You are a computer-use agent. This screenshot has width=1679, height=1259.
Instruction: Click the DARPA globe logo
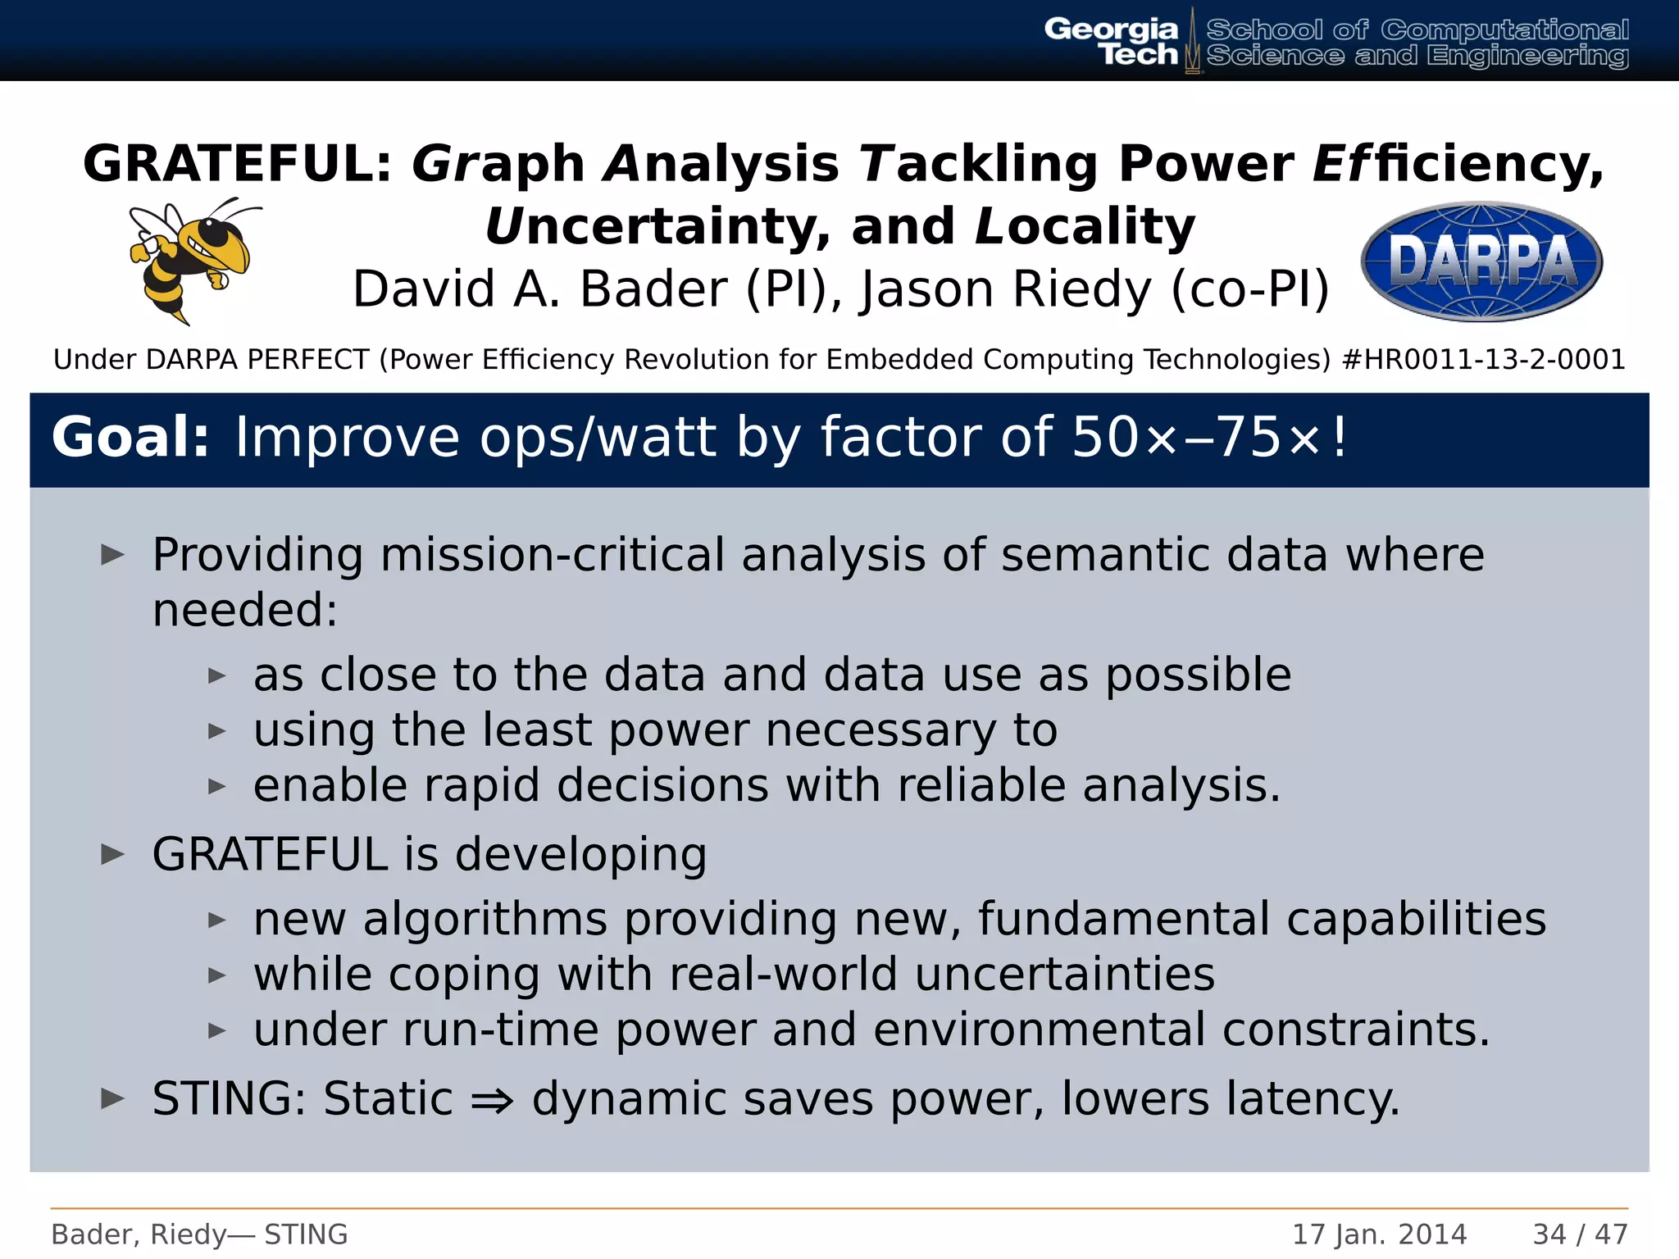point(1481,261)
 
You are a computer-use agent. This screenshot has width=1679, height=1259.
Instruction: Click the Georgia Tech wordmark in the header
point(1113,42)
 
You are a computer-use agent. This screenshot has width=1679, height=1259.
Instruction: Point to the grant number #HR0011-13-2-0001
point(1483,360)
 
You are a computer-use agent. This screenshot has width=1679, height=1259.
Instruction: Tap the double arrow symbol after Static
point(492,1100)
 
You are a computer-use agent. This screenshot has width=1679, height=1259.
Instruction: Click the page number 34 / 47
point(1580,1234)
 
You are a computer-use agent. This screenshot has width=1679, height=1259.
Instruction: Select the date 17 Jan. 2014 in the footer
point(1379,1234)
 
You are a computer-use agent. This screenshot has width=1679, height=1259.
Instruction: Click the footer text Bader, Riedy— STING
point(199,1234)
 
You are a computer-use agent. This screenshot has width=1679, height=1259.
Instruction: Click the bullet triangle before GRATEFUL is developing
point(112,855)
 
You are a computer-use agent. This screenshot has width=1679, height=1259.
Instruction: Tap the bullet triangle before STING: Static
point(112,1098)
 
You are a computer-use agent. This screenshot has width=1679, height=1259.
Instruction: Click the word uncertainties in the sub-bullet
point(1064,975)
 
